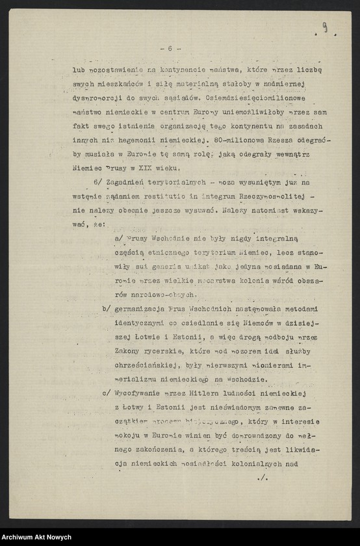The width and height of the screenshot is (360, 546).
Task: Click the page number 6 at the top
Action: [x=170, y=48]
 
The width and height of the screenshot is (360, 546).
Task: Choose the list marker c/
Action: [x=107, y=394]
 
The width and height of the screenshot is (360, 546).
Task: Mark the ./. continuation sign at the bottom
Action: [x=263, y=479]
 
